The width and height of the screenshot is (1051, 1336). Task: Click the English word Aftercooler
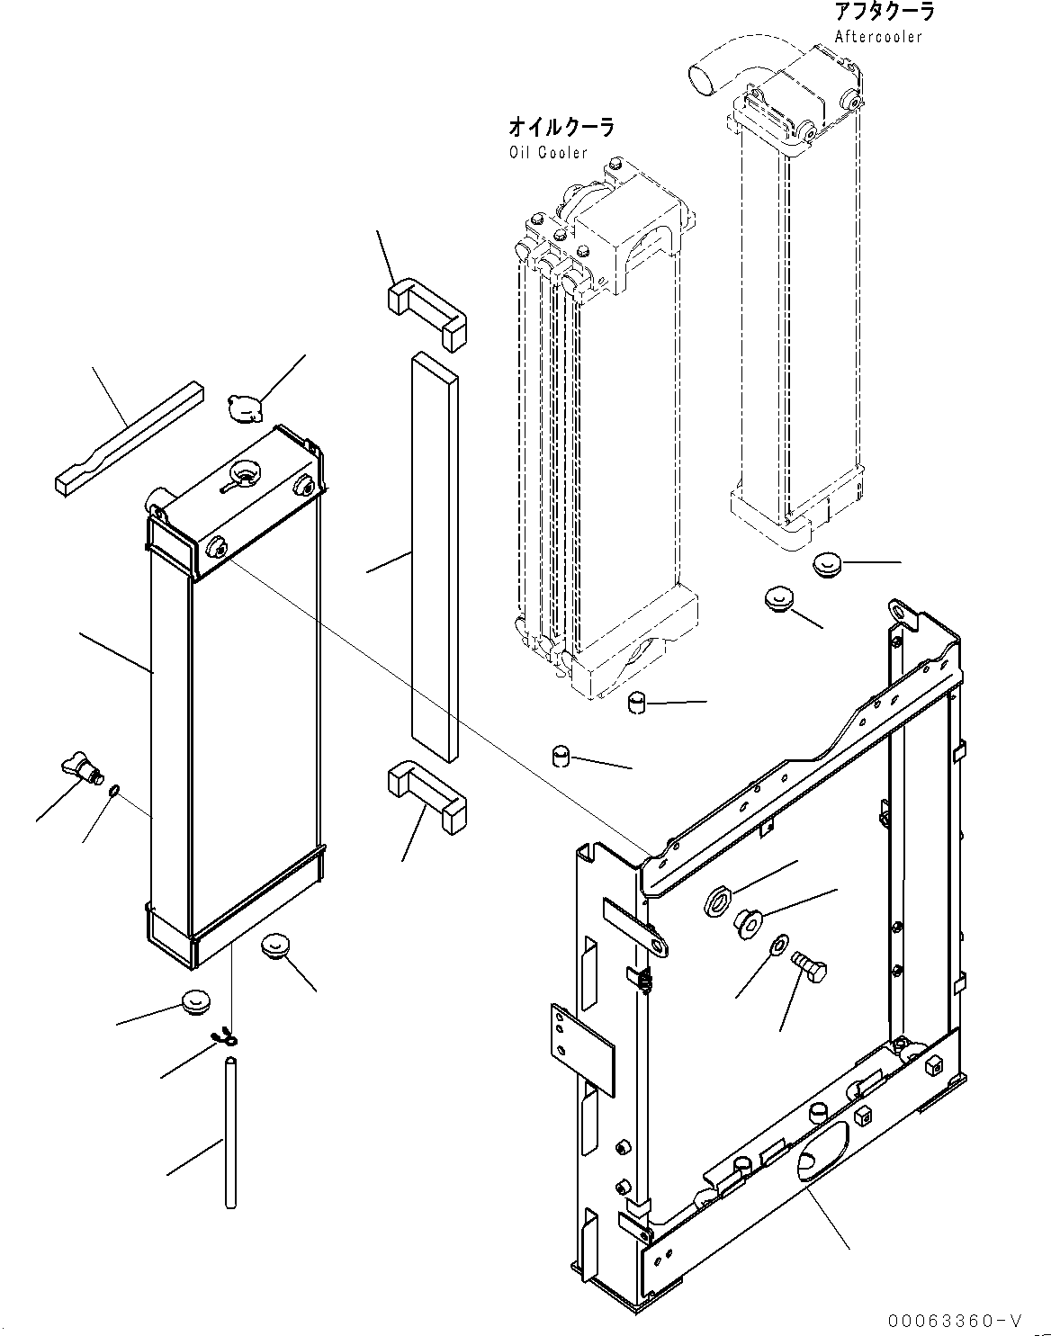click(x=877, y=37)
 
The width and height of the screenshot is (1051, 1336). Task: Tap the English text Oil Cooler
click(x=547, y=152)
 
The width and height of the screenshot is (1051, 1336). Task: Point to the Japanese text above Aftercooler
click(x=883, y=13)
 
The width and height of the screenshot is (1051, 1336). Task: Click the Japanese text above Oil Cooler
click(x=561, y=128)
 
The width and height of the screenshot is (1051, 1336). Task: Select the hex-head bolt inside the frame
click(x=807, y=971)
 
